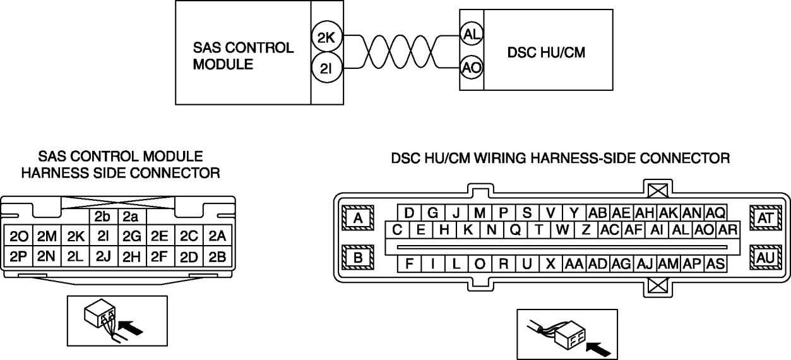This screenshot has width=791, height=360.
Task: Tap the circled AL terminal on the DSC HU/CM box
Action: pos(470,35)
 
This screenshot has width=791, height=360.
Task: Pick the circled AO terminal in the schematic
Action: pos(470,68)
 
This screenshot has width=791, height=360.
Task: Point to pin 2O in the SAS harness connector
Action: pos(18,237)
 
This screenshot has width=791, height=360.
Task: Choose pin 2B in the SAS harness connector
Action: pos(217,256)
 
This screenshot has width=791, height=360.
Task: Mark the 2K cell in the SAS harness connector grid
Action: pos(75,237)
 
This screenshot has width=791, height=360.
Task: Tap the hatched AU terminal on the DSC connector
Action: pos(766,258)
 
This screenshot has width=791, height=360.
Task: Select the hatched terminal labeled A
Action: pos(358,219)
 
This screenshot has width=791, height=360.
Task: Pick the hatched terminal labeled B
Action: pos(358,258)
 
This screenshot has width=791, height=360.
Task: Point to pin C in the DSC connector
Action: pos(397,230)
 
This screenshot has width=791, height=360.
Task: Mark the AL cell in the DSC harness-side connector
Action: pos(681,230)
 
